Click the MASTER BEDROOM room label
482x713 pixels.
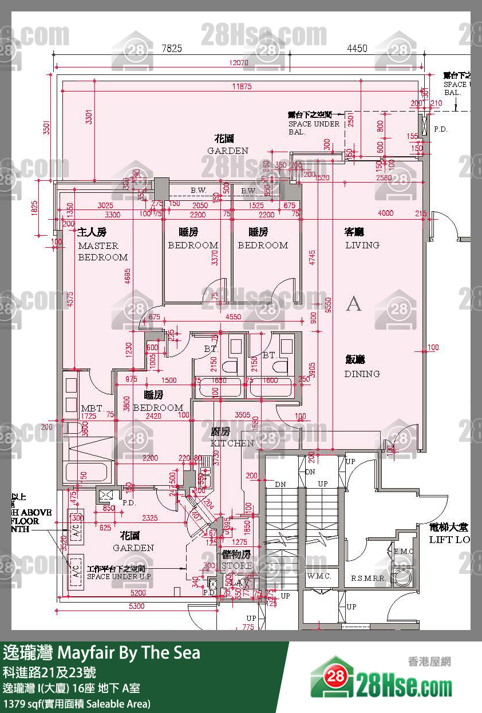pyautogui.click(x=103, y=251)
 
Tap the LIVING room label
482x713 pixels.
pyautogui.click(x=362, y=245)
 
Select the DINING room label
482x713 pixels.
pyautogui.click(x=362, y=374)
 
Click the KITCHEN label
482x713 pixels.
pyautogui.click(x=232, y=443)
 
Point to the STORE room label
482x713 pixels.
pyautogui.click(x=237, y=565)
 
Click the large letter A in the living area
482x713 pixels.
pyautogui.click(x=354, y=304)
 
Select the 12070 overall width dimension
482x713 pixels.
pyautogui.click(x=241, y=62)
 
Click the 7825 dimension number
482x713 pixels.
pyautogui.click(x=171, y=49)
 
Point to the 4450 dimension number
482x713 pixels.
pyautogui.click(x=357, y=49)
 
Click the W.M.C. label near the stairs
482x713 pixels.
pyautogui.click(x=319, y=576)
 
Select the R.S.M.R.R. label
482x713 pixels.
pyautogui.click(x=368, y=577)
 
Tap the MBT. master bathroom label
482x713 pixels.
pyautogui.click(x=92, y=409)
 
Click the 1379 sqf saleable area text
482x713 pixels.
pyautogui.click(x=77, y=703)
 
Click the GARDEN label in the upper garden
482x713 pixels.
pyautogui.click(x=227, y=150)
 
